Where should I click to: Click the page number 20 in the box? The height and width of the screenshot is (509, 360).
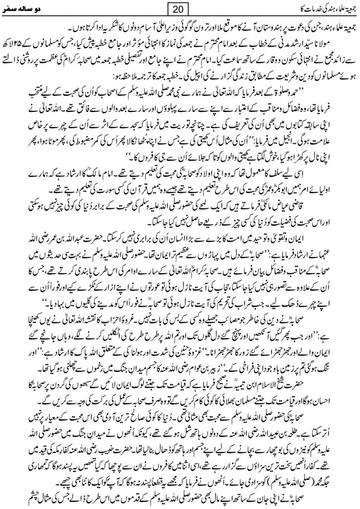(x=180, y=10)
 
